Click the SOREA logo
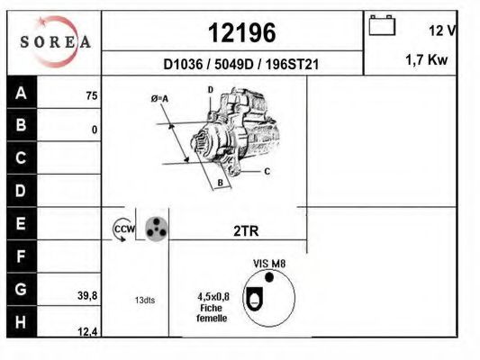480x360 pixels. point(55,42)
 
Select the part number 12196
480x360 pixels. point(242,32)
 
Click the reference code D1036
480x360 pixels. point(183,65)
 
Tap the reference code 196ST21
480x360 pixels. point(292,65)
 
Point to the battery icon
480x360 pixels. point(382,25)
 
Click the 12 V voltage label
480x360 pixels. point(442,31)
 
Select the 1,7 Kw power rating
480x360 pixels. point(427,59)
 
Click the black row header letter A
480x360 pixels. point(21,93)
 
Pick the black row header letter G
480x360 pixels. point(21,289)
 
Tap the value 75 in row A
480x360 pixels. point(92,96)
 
